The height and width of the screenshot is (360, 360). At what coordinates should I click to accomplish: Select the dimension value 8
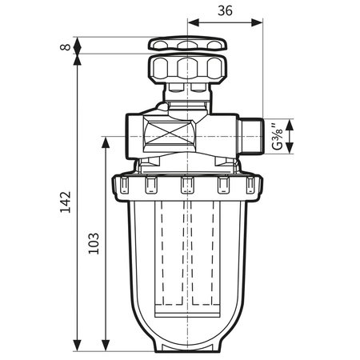(x=66, y=46)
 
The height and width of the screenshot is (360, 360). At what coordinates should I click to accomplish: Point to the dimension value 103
(x=94, y=242)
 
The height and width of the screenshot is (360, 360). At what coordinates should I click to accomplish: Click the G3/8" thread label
(x=278, y=137)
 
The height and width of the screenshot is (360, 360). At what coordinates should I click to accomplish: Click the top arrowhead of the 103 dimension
(x=106, y=140)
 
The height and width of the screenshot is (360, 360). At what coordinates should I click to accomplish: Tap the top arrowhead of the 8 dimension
(x=78, y=39)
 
